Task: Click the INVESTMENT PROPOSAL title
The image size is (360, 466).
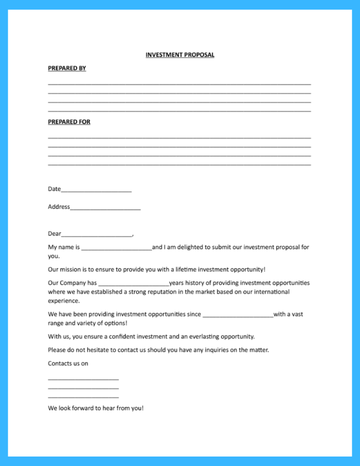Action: [180, 55]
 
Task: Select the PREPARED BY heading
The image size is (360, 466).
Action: [67, 68]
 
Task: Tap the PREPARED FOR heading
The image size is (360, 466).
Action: [69, 122]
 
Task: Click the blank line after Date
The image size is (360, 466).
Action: [96, 190]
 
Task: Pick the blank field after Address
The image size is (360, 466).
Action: [105, 208]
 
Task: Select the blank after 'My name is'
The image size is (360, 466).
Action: [117, 248]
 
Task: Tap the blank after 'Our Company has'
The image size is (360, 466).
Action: [134, 284]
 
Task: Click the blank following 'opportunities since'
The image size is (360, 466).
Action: [238, 315]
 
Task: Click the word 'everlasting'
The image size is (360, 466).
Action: [204, 336]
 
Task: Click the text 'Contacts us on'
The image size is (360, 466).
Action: [68, 363]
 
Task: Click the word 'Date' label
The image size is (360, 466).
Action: [54, 189]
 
